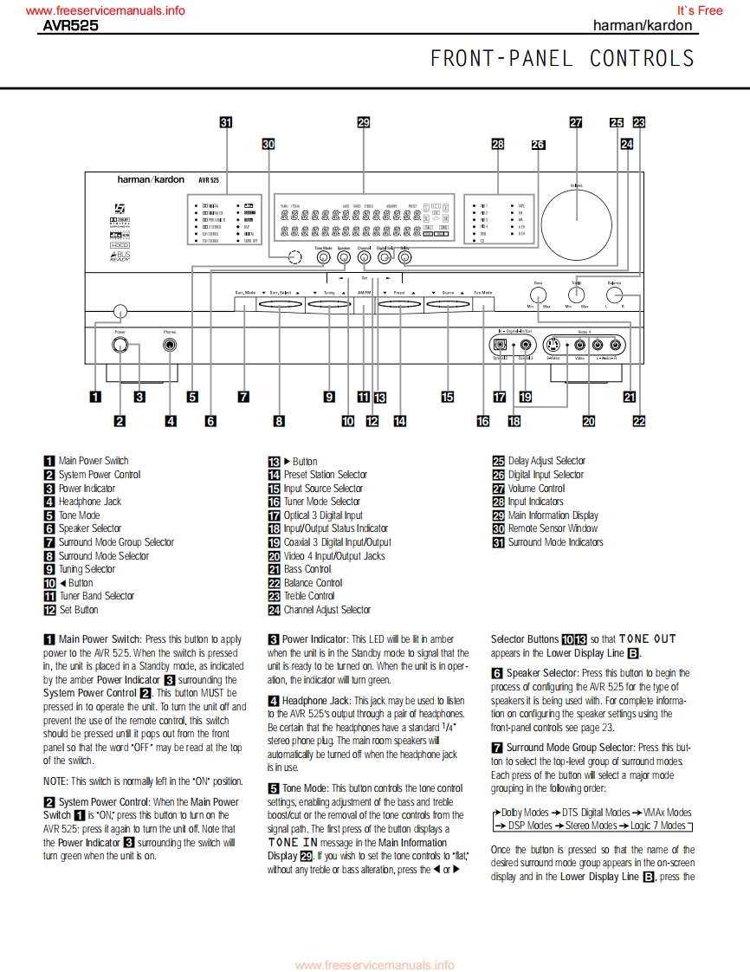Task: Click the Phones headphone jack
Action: pos(171,346)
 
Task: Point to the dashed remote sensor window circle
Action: pos(294,256)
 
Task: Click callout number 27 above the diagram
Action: pos(576,123)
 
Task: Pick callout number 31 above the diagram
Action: pos(226,123)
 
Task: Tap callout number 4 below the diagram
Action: pos(171,422)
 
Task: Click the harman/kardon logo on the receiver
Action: pos(151,180)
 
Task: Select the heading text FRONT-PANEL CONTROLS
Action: pos(562,58)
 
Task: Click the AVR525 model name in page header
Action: pos(71,26)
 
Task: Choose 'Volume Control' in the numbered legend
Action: pos(536,488)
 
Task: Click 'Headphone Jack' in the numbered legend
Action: pos(89,502)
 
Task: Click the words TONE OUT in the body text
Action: pos(647,639)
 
